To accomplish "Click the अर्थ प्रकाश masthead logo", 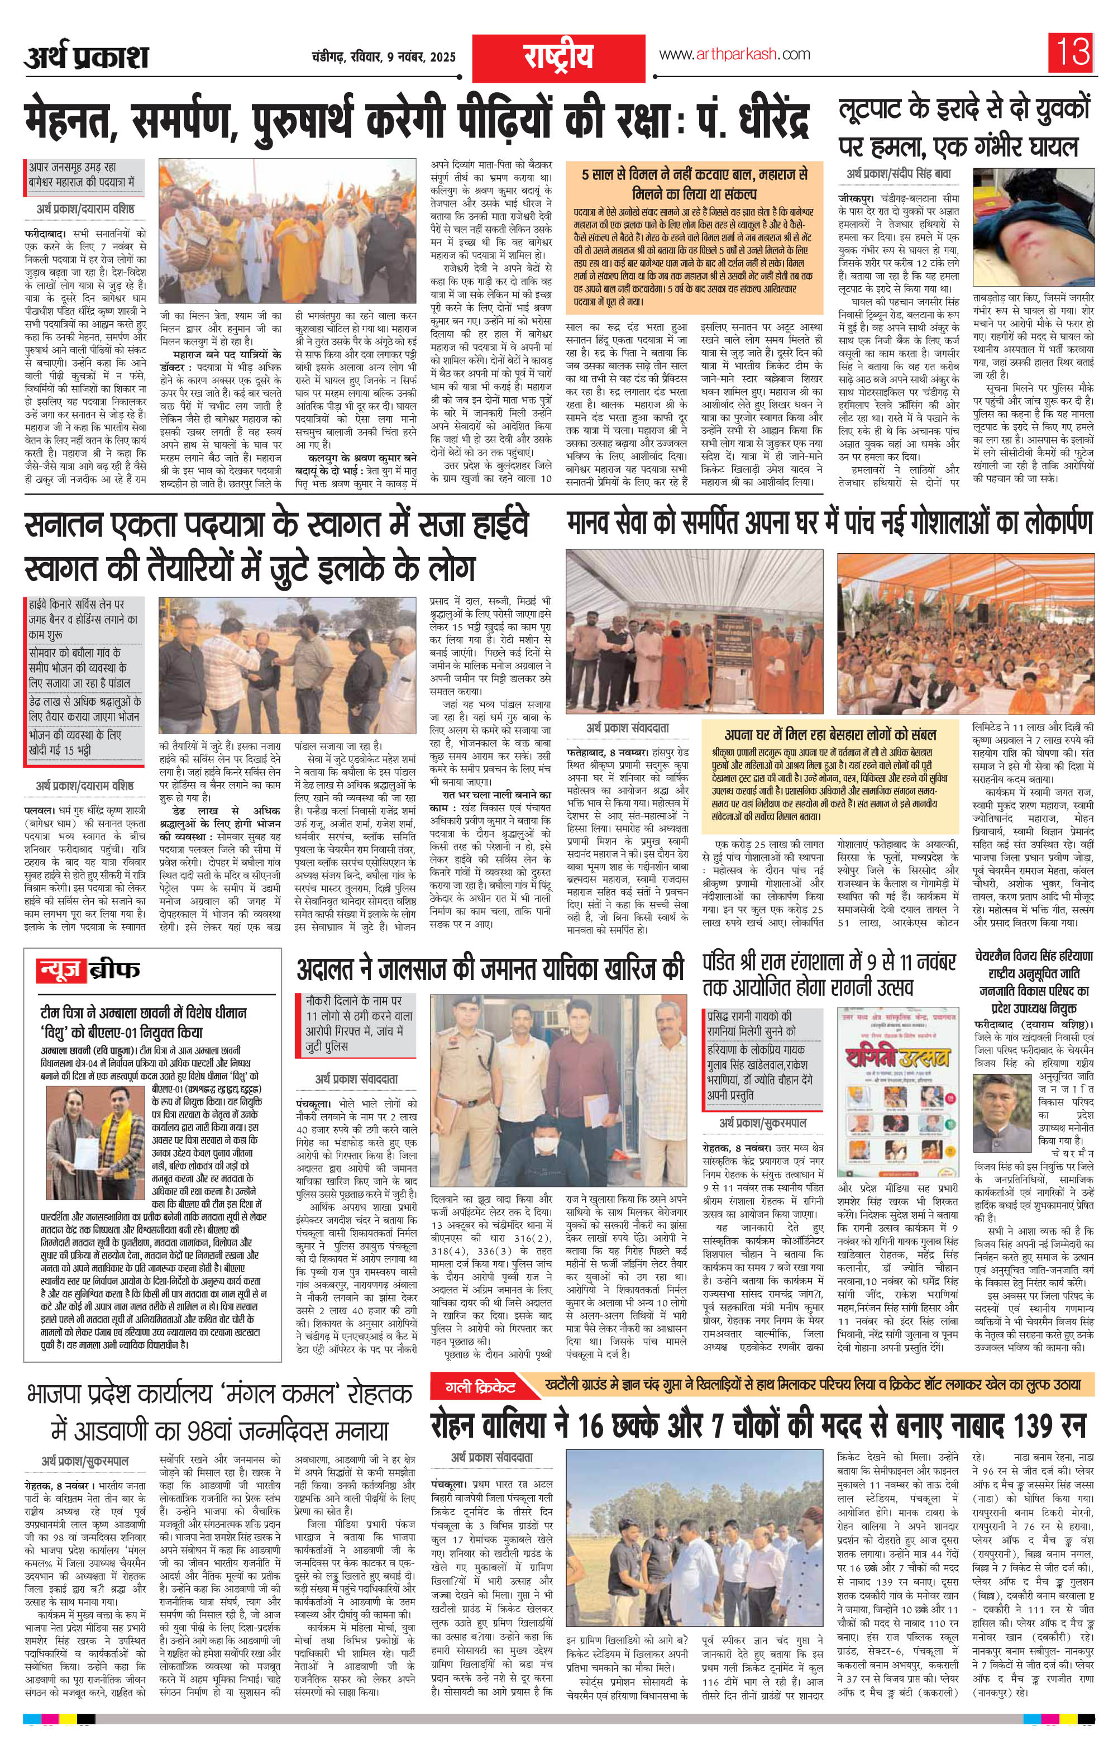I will point(86,55).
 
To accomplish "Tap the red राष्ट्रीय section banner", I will point(557,55).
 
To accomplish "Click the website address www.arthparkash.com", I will point(734,55).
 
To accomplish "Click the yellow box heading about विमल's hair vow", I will point(695,184).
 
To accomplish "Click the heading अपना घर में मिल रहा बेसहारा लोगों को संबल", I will point(830,734).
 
